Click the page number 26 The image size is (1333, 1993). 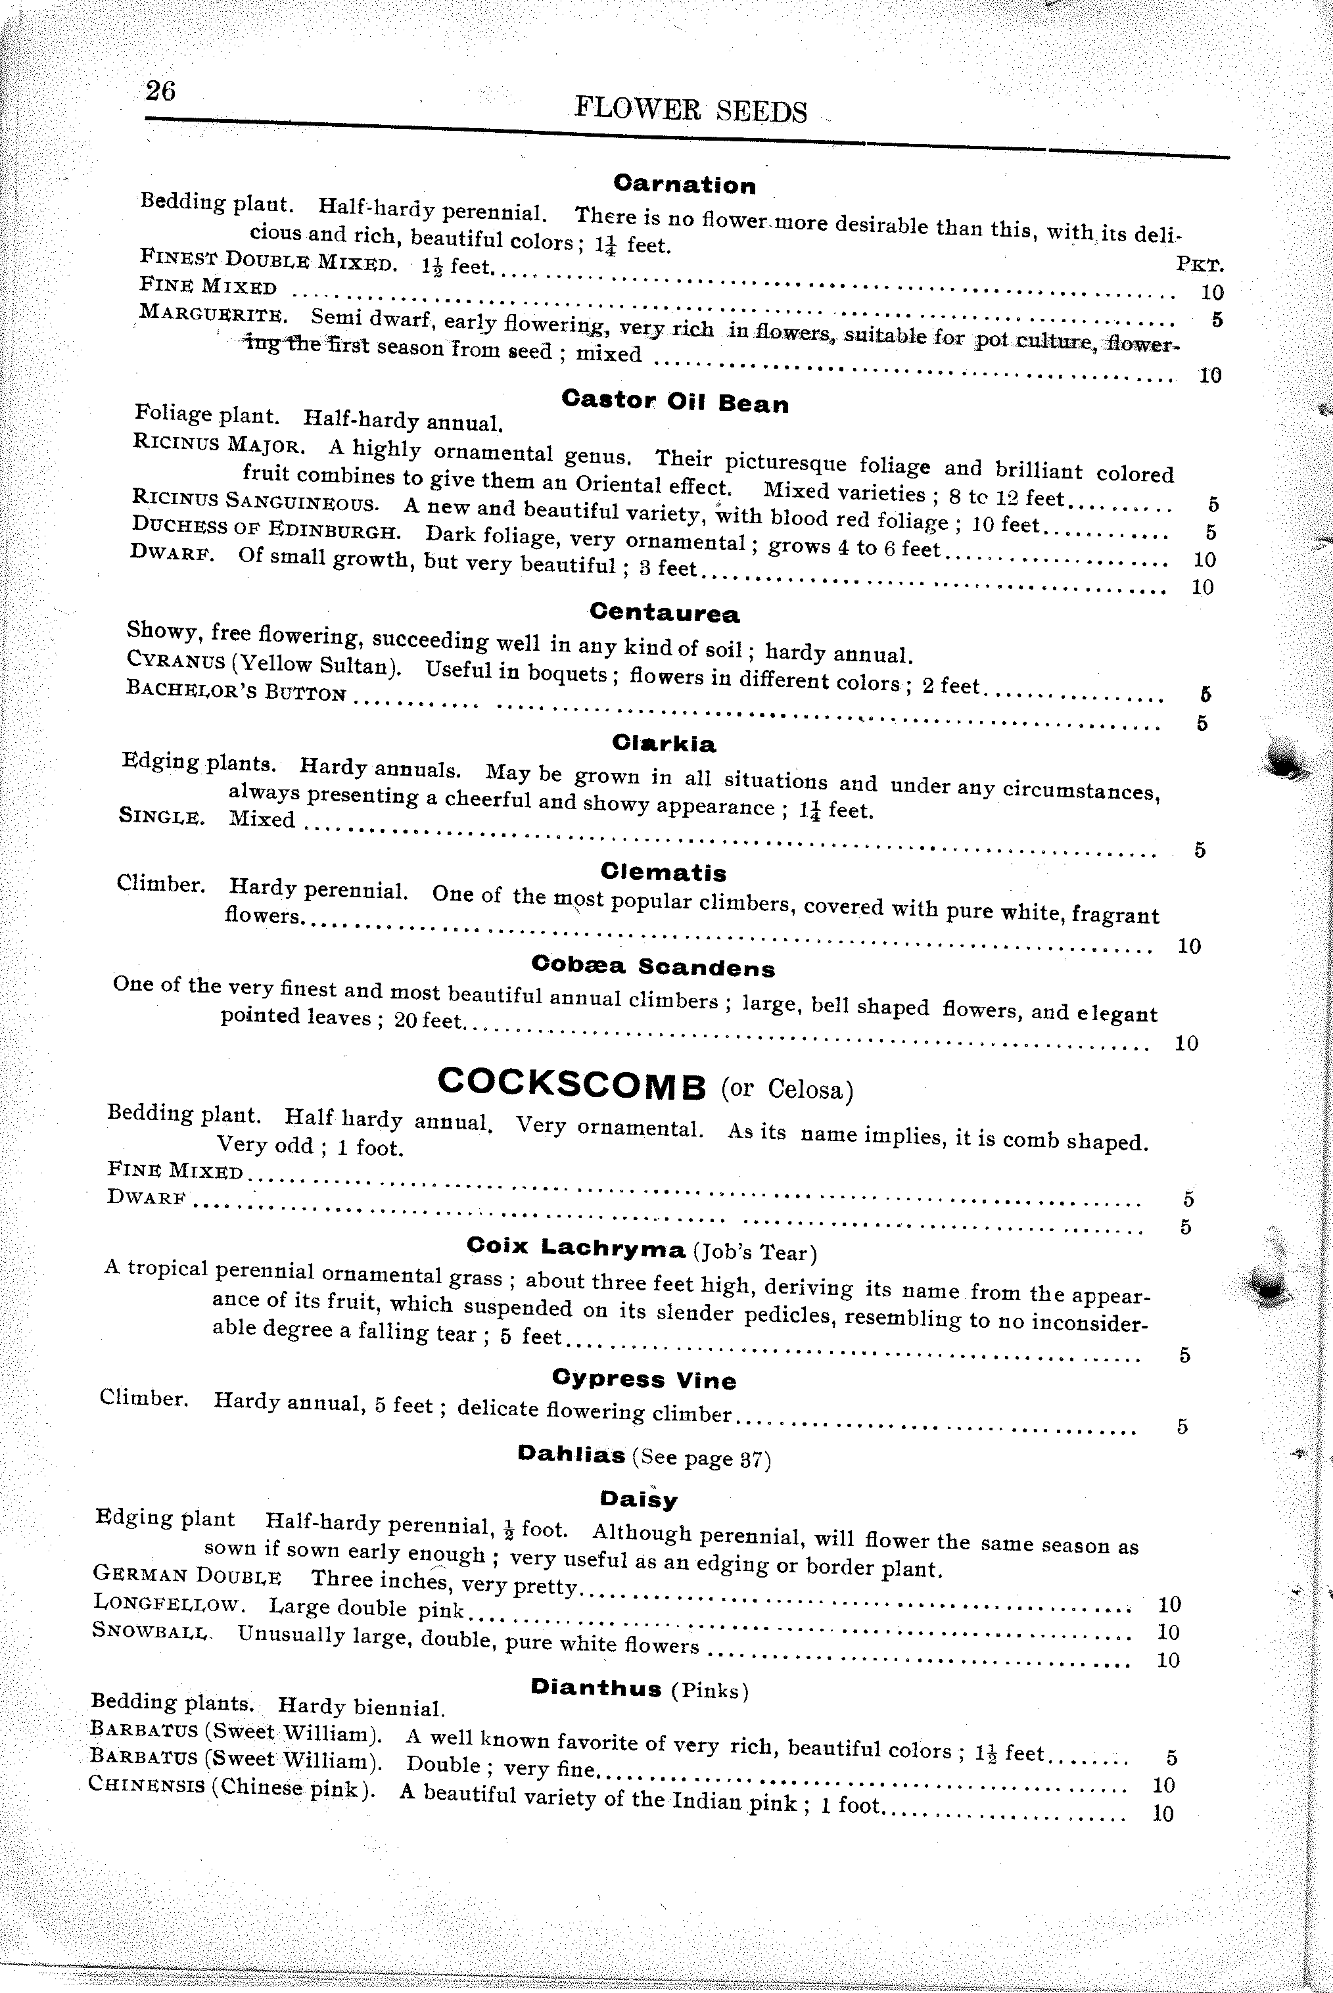point(160,89)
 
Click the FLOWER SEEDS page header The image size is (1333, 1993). point(690,110)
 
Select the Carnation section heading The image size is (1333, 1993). point(684,185)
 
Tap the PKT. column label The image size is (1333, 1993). point(1200,264)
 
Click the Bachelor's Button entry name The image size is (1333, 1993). point(235,690)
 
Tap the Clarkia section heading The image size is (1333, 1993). point(664,743)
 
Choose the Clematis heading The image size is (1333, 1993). point(663,872)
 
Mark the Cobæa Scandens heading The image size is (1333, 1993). point(653,966)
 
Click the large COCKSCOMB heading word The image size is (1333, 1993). point(571,1084)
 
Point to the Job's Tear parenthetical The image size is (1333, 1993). point(754,1253)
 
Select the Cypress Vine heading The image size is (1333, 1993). point(643,1378)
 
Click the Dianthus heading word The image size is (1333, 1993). point(596,1688)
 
